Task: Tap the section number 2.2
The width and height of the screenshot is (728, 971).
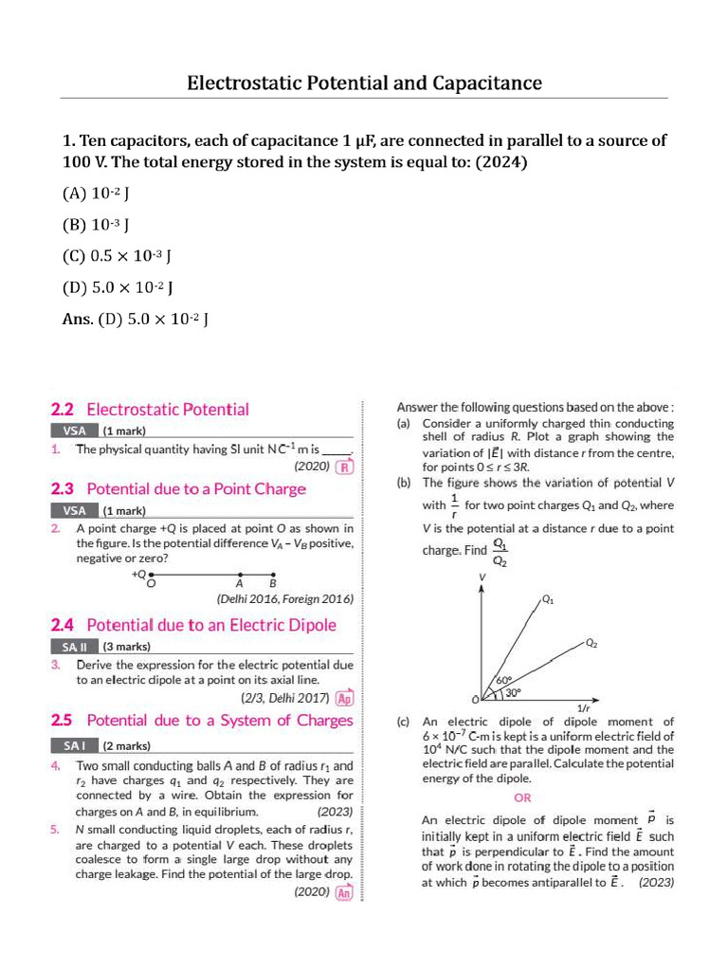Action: (x=63, y=410)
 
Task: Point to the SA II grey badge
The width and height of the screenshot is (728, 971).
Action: (x=73, y=647)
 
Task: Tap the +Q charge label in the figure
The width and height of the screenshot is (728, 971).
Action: (x=139, y=573)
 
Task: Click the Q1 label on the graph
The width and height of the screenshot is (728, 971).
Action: (x=548, y=600)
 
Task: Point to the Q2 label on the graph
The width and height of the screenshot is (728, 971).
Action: (x=591, y=643)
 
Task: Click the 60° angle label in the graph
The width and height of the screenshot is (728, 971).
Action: (x=504, y=680)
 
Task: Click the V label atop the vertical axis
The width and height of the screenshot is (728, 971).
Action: (x=482, y=577)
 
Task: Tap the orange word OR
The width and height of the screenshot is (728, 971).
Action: (x=522, y=797)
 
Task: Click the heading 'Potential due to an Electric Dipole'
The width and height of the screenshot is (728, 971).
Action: (x=211, y=625)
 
